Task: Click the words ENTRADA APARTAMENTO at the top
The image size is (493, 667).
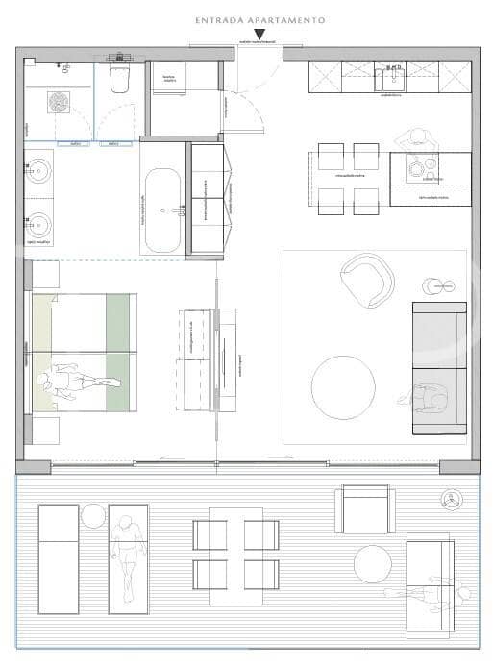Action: pyautogui.click(x=259, y=19)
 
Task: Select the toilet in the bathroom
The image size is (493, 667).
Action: pyautogui.click(x=121, y=79)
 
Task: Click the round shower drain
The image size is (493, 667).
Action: pyautogui.click(x=59, y=102)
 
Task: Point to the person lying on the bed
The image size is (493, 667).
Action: pyautogui.click(x=77, y=381)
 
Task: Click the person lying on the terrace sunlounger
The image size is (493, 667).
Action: pyautogui.click(x=128, y=555)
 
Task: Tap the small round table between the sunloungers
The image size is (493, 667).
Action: pyautogui.click(x=93, y=516)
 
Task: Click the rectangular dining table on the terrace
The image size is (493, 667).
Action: pyautogui.click(x=235, y=556)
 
